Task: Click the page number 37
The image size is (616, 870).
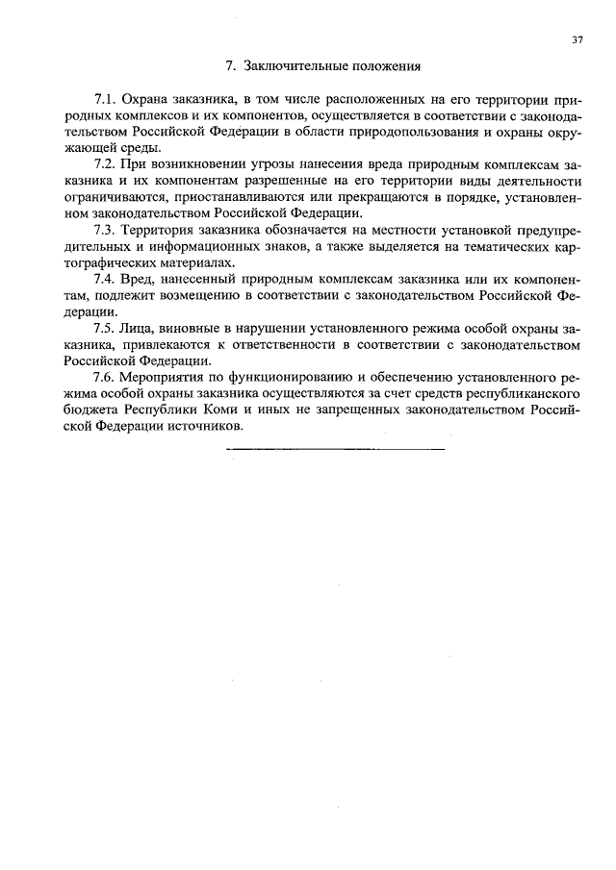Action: [577, 40]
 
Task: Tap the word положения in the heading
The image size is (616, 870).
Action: [382, 67]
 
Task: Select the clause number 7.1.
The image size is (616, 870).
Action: [105, 100]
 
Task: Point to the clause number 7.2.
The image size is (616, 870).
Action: [105, 165]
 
